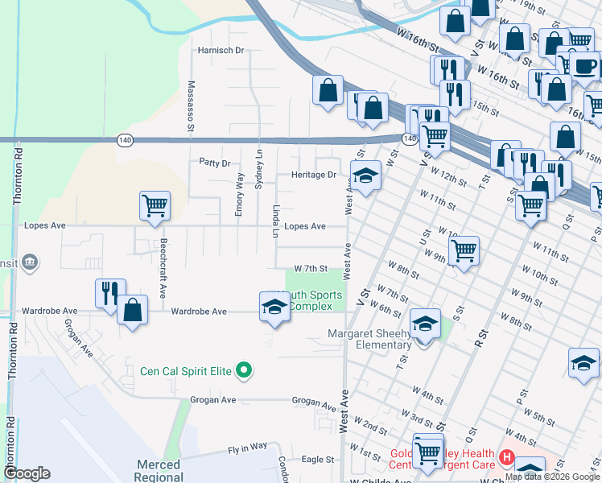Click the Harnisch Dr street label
[x=221, y=50]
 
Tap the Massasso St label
[x=192, y=105]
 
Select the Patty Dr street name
[x=215, y=162]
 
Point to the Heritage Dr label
[x=313, y=175]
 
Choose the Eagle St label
[x=318, y=460]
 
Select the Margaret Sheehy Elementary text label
[x=369, y=339]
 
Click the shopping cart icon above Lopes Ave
[x=154, y=204]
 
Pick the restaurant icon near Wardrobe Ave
[x=110, y=293]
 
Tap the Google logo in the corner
[x=27, y=473]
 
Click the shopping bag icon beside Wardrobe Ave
[x=133, y=310]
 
